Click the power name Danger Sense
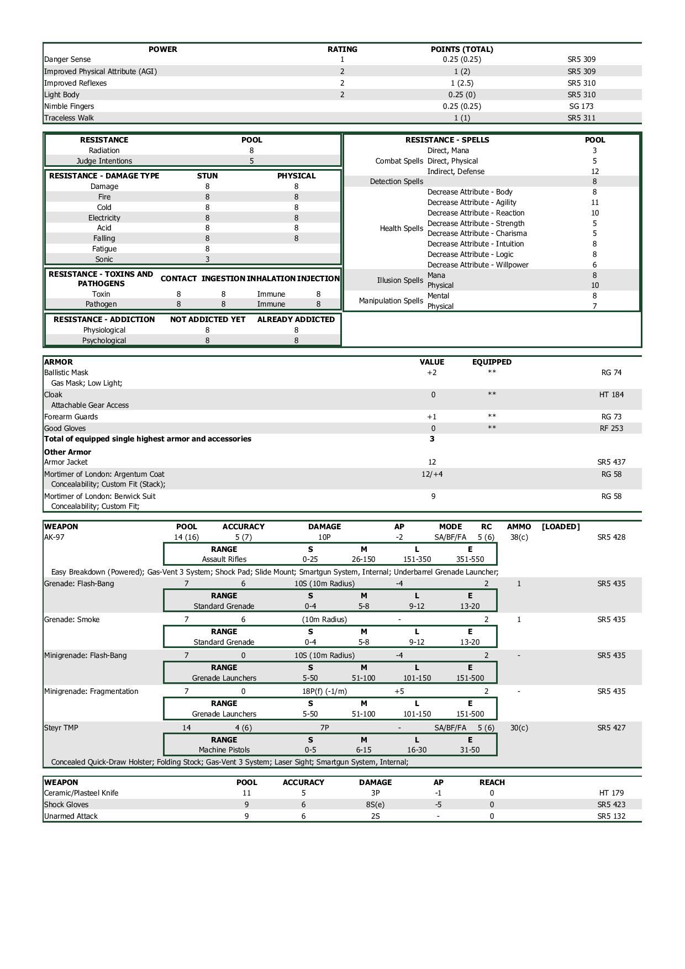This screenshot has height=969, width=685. coord(67,60)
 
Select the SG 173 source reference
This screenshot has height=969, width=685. coord(581,106)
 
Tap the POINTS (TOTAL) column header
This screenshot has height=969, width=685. coord(462,49)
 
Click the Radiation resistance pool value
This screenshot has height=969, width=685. coord(251,150)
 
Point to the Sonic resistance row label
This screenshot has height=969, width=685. coord(104,259)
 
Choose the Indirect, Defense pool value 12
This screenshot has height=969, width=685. coord(594,171)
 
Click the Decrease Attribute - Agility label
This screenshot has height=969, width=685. coord(472,202)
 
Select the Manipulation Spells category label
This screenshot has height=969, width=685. coord(391,301)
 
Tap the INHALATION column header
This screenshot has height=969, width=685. coord(271,278)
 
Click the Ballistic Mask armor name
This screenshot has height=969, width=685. coord(66,373)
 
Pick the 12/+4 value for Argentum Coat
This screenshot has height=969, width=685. coord(432,474)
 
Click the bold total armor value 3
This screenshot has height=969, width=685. coord(432,439)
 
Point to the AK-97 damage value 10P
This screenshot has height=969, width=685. coord(324,537)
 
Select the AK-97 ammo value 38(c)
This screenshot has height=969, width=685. coord(519,537)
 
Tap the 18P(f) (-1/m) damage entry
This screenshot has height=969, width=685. coord(324,691)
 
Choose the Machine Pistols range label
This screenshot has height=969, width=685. coord(224,750)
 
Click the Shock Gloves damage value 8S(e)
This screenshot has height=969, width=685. coord(375,804)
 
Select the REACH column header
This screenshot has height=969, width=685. coord(492,782)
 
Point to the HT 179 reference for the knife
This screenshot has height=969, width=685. coord(611,793)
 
